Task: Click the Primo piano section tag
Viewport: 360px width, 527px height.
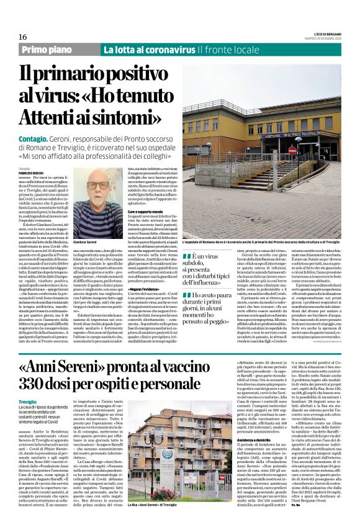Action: coord(55,50)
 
